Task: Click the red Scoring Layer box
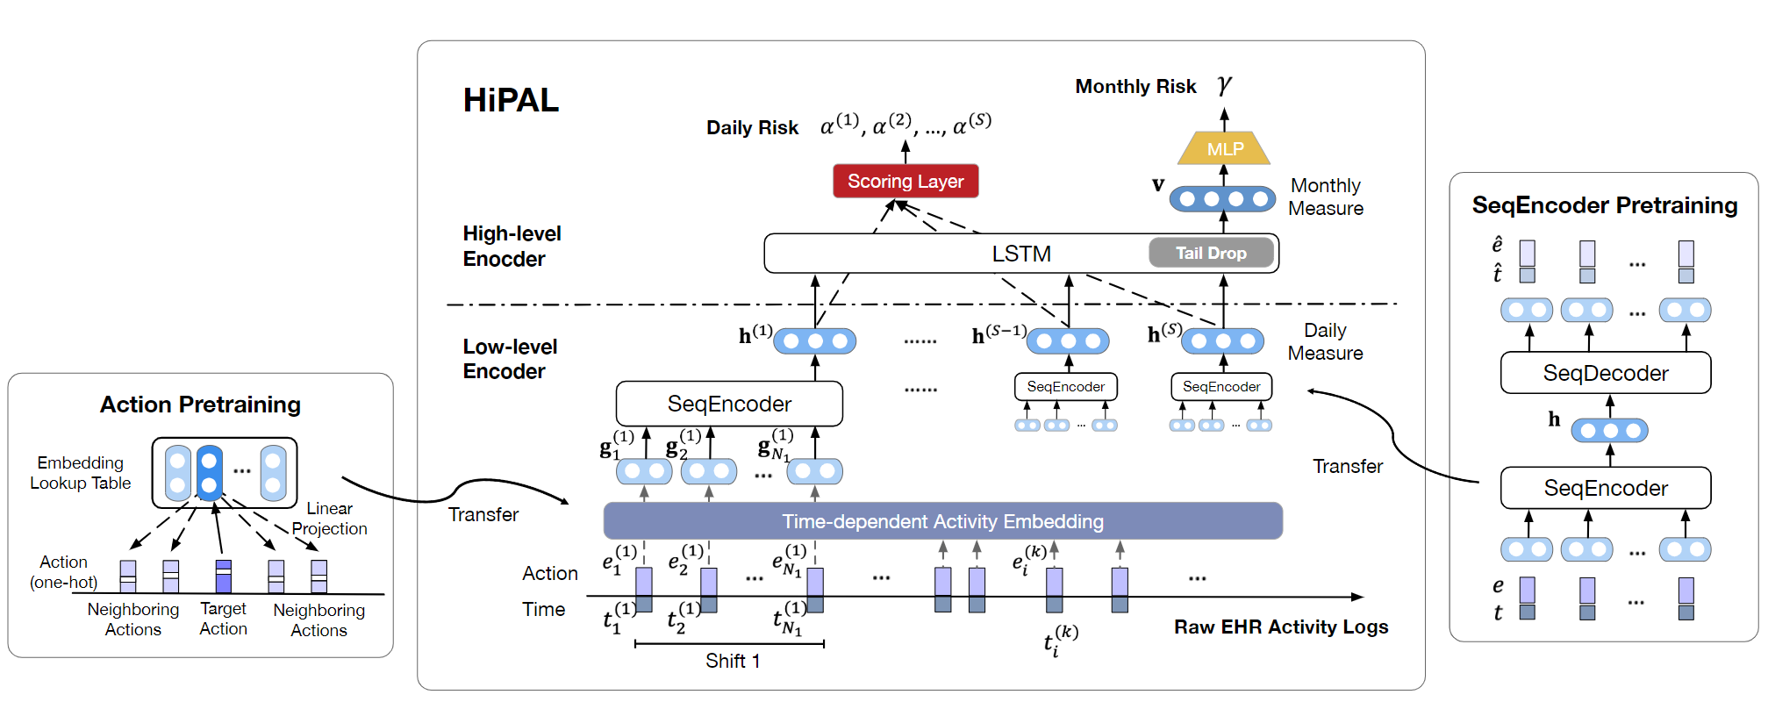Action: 905,182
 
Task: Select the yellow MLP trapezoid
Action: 1224,148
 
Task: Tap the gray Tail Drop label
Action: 1211,254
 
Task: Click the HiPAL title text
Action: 511,100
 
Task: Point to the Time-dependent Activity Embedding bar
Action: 942,521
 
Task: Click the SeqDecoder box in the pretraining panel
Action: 1605,373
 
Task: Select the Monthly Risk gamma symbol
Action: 1224,85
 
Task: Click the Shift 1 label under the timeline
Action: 733,661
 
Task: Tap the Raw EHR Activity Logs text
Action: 1281,627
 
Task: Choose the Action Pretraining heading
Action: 200,405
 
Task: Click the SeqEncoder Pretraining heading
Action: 1604,205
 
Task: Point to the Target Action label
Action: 223,619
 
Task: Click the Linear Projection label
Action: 329,519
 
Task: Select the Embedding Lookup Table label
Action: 81,473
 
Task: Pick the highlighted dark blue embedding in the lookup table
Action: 209,472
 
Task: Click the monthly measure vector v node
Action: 1222,199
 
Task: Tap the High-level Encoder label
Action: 512,247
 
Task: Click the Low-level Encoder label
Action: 510,359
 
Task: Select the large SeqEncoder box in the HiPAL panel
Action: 729,404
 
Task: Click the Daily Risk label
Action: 752,128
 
